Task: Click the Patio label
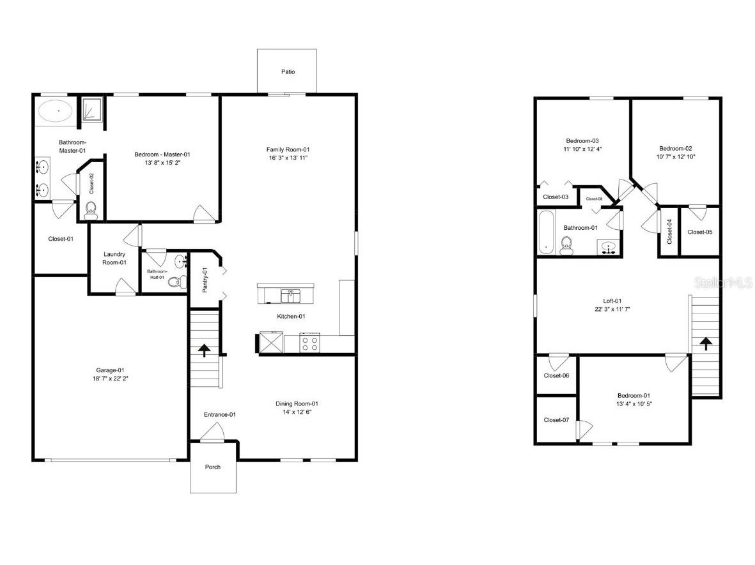coord(288,72)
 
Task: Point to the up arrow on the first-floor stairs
coord(204,350)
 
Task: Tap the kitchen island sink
coord(291,295)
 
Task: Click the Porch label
coord(213,467)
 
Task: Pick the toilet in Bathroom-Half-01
coord(181,282)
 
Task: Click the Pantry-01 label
coord(205,280)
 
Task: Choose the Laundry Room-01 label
coord(114,259)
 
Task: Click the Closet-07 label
coord(556,420)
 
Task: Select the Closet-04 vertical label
coord(669,232)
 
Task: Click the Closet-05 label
coord(699,232)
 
